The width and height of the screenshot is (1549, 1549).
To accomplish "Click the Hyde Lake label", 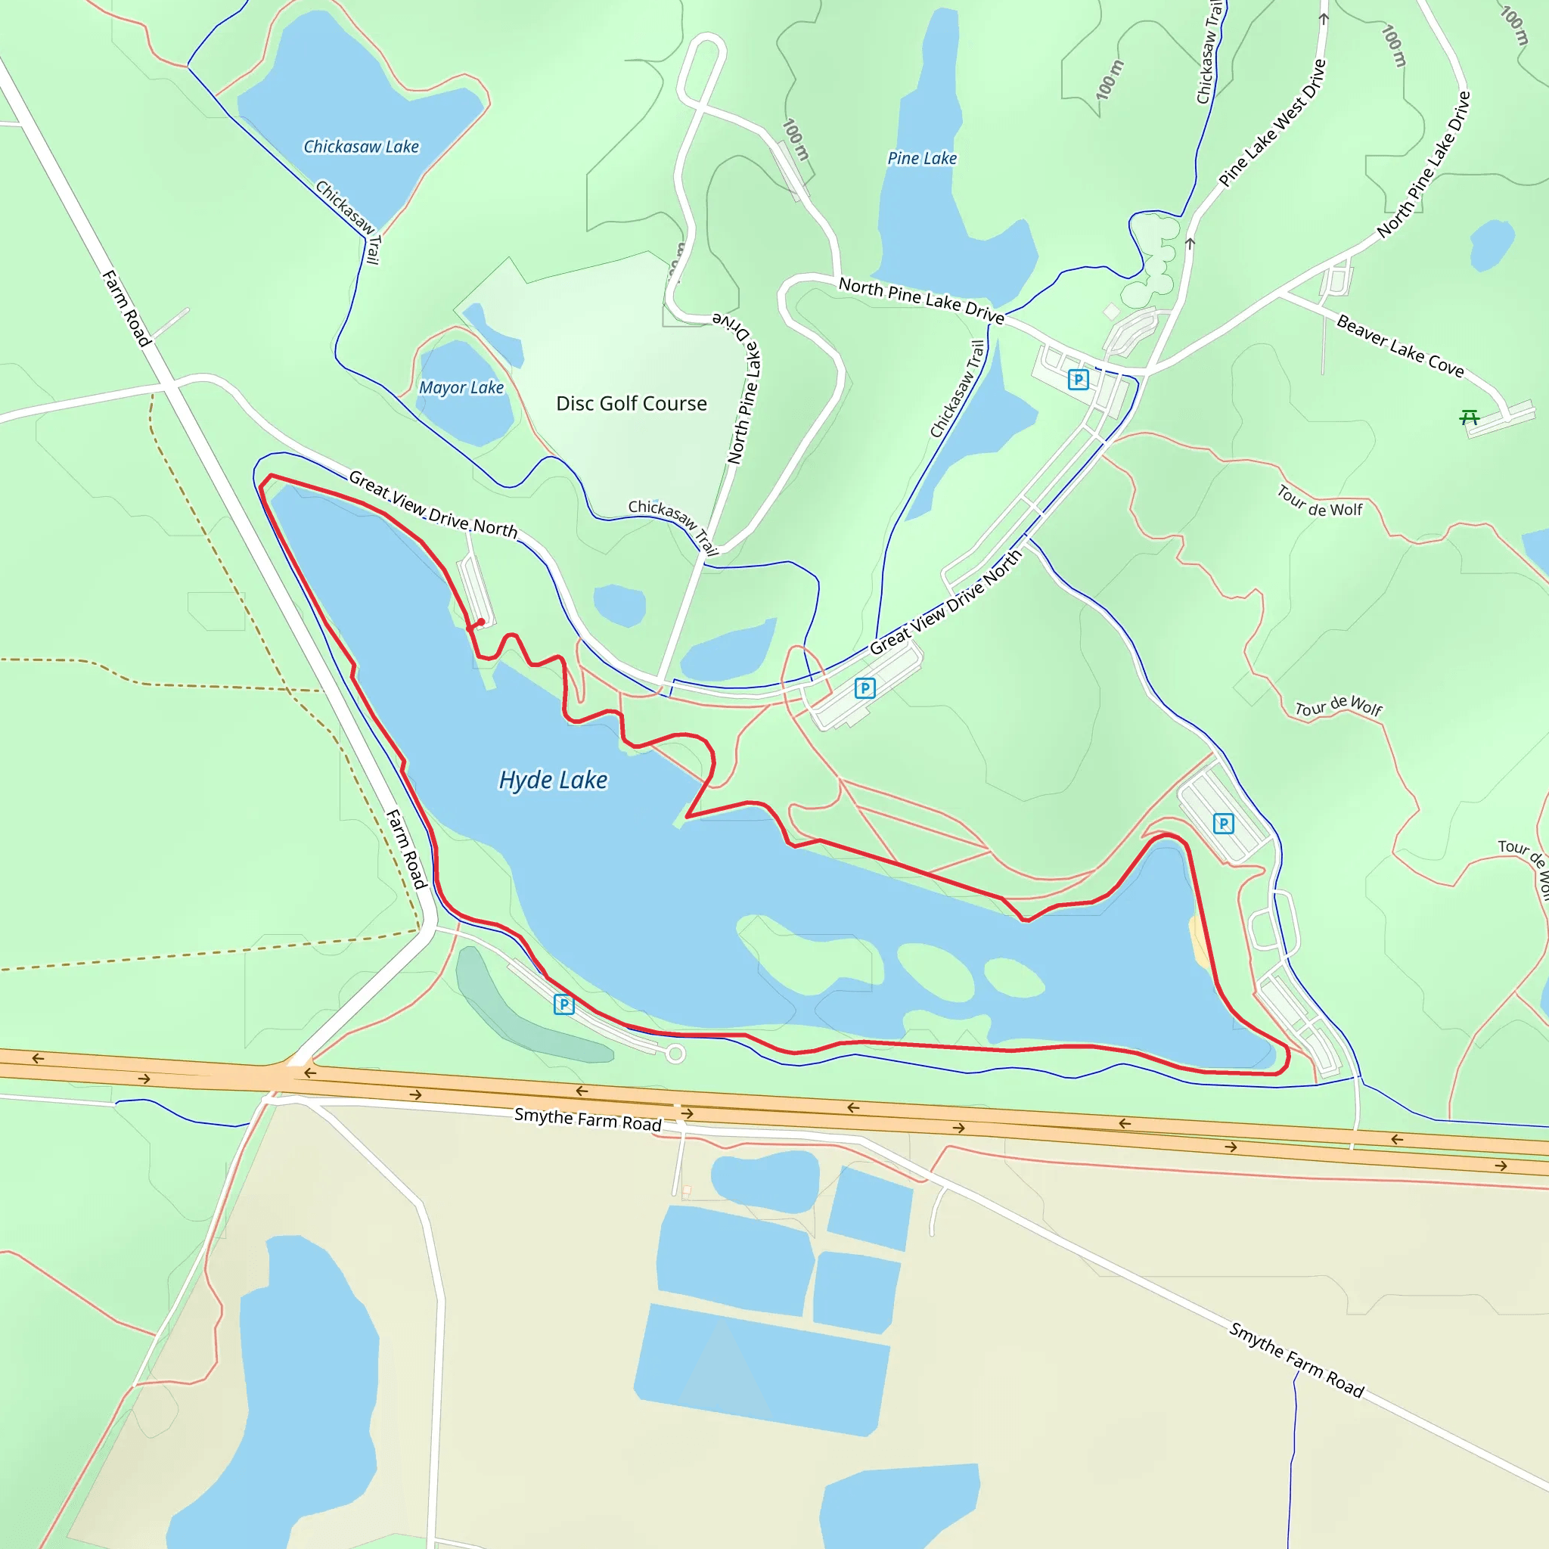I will [x=552, y=780].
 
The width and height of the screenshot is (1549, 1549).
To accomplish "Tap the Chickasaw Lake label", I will [x=361, y=147].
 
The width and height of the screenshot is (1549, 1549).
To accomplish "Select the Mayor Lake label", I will [x=461, y=388].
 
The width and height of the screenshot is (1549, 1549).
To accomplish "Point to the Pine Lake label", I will [x=922, y=159].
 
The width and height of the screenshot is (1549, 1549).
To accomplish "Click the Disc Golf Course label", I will [x=632, y=403].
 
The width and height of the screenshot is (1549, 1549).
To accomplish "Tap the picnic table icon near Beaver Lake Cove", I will [x=1469, y=417].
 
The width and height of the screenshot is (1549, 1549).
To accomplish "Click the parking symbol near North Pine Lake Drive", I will [x=1079, y=379].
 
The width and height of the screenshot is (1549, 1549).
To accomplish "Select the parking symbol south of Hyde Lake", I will [x=563, y=1004].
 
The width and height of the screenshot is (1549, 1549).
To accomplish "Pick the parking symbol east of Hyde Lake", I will [x=1224, y=824].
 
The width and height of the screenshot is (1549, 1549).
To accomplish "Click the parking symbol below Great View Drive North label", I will [x=865, y=688].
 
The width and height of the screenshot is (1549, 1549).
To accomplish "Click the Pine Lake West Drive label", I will [x=1272, y=123].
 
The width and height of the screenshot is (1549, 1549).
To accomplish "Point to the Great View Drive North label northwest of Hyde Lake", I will [x=433, y=505].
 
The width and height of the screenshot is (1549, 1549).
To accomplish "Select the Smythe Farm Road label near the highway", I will [x=588, y=1119].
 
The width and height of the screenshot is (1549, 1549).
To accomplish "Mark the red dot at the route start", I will [x=480, y=622].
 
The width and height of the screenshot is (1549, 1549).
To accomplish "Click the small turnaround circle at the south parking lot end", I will [x=675, y=1054].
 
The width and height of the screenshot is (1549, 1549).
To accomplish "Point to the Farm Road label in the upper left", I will [x=126, y=308].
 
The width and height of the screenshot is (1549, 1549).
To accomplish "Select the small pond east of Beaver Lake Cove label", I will [x=1492, y=244].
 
